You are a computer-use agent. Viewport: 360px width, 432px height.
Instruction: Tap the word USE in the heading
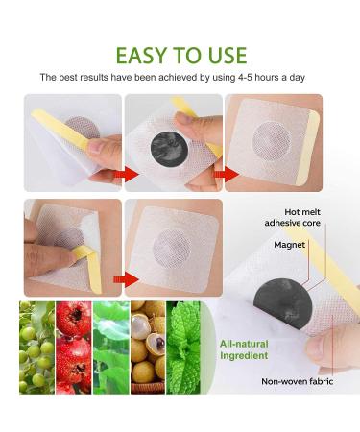(x=224, y=54)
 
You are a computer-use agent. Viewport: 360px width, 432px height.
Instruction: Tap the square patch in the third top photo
(x=272, y=141)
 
